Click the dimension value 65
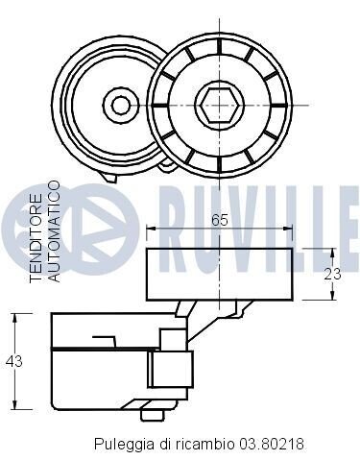pyautogui.click(x=219, y=221)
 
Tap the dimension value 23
pyautogui.click(x=332, y=275)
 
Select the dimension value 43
pyautogui.click(x=14, y=361)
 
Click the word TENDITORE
pyautogui.click(x=36, y=238)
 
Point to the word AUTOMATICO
pyautogui.click(x=54, y=231)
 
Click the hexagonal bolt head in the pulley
pyautogui.click(x=219, y=105)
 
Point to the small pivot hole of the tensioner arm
pyautogui.click(x=120, y=105)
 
